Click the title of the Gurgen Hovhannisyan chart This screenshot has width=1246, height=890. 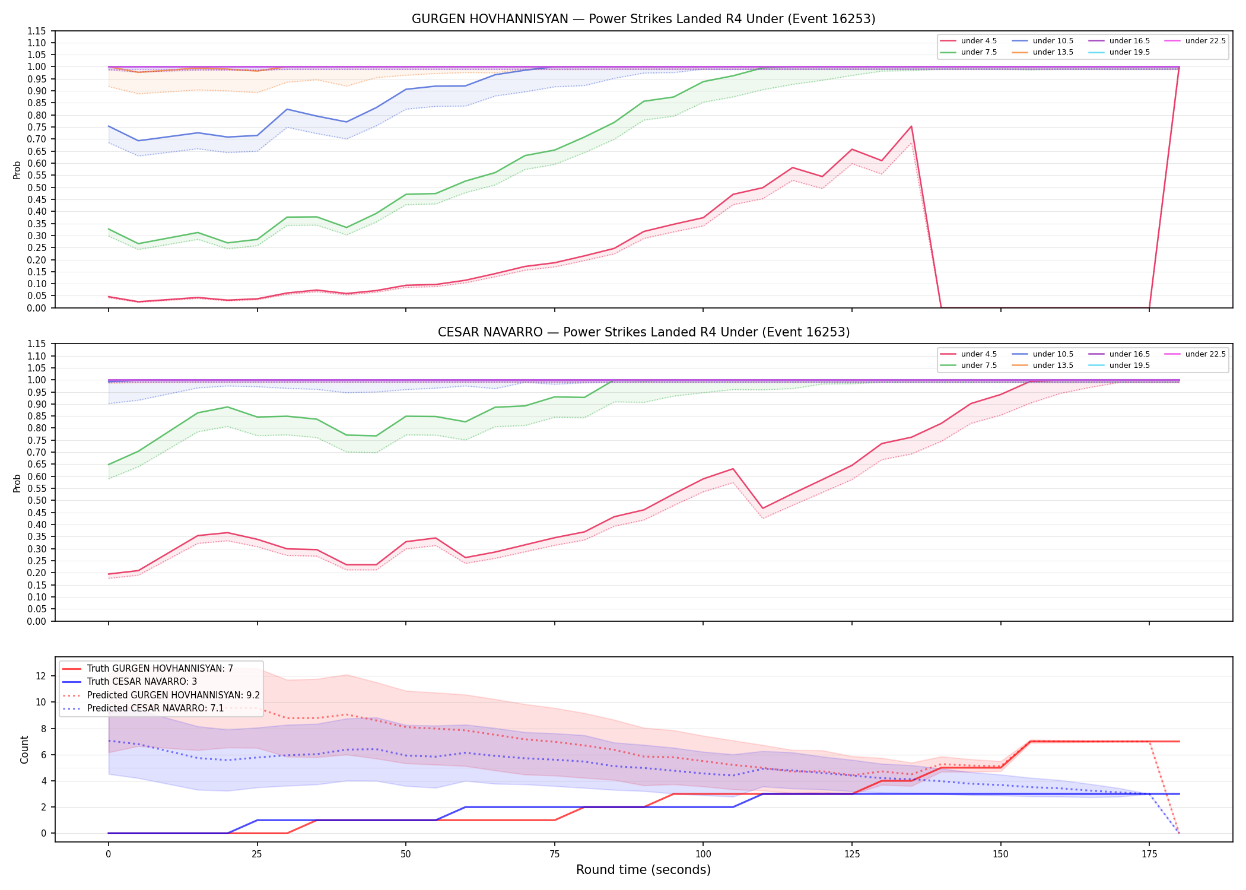coord(643,19)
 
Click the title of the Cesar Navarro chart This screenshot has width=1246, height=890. coord(643,332)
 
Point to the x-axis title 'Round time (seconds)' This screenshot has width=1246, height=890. coord(643,870)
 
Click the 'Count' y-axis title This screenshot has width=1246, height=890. coord(24,749)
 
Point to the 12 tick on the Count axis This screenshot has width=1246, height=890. coord(41,676)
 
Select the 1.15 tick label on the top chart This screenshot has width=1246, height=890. coord(37,31)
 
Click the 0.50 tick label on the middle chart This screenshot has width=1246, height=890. coord(37,500)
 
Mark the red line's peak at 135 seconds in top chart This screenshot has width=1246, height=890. coord(911,126)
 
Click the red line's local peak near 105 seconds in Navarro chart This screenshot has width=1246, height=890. coord(733,469)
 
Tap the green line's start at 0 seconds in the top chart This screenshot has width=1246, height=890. coord(109,229)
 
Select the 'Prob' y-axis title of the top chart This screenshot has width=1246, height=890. coord(17,170)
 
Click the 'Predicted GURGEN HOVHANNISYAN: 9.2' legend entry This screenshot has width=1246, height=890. coord(173,695)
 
